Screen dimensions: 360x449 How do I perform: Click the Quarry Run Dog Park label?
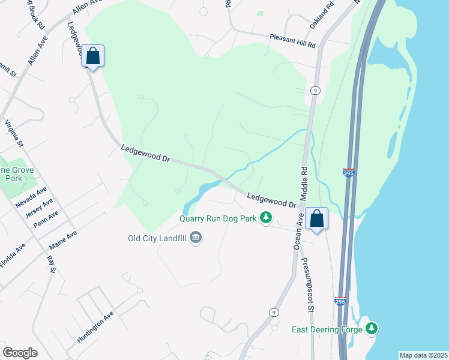click(218, 218)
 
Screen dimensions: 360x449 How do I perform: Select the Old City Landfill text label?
click(157, 238)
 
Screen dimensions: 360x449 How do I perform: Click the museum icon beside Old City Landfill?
click(195, 239)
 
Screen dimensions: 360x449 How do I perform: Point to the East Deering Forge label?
click(327, 329)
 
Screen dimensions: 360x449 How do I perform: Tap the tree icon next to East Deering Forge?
click(373, 328)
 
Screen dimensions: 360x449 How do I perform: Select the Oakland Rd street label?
click(322, 17)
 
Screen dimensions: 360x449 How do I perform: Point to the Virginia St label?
click(14, 134)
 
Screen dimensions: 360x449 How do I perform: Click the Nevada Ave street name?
click(31, 197)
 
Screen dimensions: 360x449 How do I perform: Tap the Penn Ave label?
click(46, 219)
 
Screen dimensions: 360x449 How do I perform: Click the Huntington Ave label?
click(95, 327)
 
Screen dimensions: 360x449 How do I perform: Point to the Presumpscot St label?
click(308, 285)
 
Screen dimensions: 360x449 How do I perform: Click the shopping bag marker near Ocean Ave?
click(316, 219)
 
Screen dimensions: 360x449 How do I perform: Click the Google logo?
click(20, 353)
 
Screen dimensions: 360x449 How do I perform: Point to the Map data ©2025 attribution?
click(423, 355)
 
